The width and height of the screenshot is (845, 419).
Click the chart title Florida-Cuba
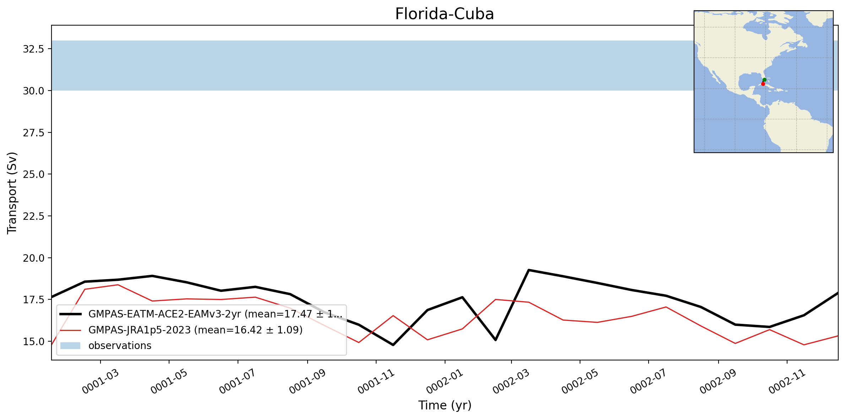(444, 14)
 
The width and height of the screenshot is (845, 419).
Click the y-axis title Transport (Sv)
(12, 193)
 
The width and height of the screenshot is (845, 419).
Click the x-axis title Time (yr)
(445, 405)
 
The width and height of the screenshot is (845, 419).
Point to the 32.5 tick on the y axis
(33, 49)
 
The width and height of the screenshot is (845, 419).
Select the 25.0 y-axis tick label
(33, 174)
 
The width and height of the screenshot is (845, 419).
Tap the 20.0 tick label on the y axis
(33, 258)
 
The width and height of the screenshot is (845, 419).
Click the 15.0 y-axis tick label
(33, 342)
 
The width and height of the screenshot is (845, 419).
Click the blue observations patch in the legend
(70, 345)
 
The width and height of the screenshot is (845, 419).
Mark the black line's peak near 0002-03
(529, 270)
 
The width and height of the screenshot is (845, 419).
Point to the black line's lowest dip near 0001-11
(393, 345)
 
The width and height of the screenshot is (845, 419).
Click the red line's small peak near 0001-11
(393, 316)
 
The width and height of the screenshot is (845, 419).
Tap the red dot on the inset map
(763, 84)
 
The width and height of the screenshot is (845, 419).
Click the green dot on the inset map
(764, 80)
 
